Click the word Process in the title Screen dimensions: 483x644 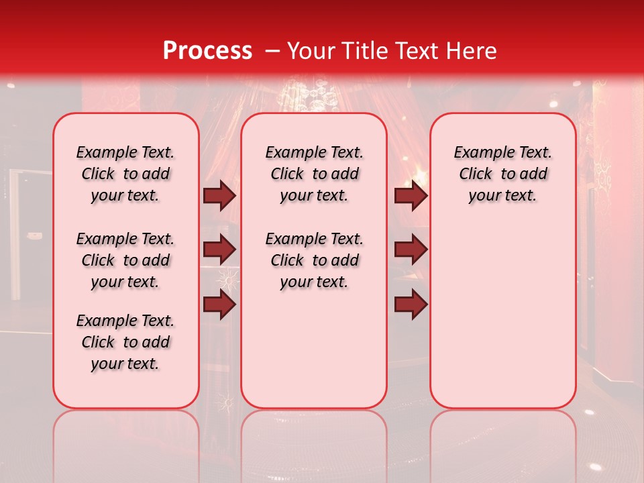207,51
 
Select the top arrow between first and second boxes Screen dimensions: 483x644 219,195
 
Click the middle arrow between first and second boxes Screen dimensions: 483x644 219,250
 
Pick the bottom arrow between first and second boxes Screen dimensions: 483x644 219,305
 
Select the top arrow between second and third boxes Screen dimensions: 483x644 411,195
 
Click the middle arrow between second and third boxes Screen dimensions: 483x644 411,250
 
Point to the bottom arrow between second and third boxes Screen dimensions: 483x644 411,305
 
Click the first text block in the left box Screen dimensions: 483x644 125,174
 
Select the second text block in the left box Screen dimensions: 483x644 125,260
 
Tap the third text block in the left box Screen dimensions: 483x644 125,342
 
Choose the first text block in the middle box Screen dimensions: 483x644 314,174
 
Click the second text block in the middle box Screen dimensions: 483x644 314,260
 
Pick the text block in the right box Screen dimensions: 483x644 502,174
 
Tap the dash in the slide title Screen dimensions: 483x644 273,51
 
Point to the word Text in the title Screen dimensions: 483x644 411,51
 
